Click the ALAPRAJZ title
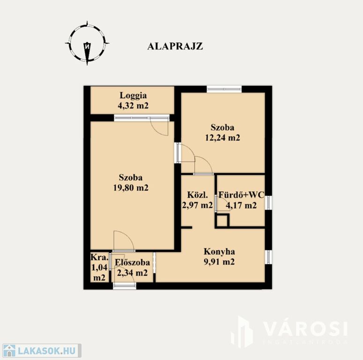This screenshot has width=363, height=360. coord(175,46)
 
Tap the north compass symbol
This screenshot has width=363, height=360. coord(87,43)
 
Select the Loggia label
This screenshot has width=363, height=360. coord(133,96)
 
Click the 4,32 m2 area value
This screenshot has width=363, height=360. coord(133,105)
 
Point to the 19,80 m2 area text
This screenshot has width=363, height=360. coord(131,187)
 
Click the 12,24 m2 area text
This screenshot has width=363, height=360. coord(222,138)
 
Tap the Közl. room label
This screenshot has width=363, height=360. coord(198,195)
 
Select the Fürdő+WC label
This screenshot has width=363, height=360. coord(241,195)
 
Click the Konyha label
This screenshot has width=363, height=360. coord(219,252)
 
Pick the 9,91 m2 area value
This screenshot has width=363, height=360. coord(219,262)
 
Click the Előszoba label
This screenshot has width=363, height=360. coord(133,262)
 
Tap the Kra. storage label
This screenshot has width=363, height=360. coord(99,257)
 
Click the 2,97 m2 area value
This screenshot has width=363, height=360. coord(198,205)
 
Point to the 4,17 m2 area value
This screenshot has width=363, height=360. coord(241,205)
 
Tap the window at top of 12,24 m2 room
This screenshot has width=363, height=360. coord(224,89)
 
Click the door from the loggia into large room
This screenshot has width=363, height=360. coord(159,126)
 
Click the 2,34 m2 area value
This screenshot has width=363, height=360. coord(133,273)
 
